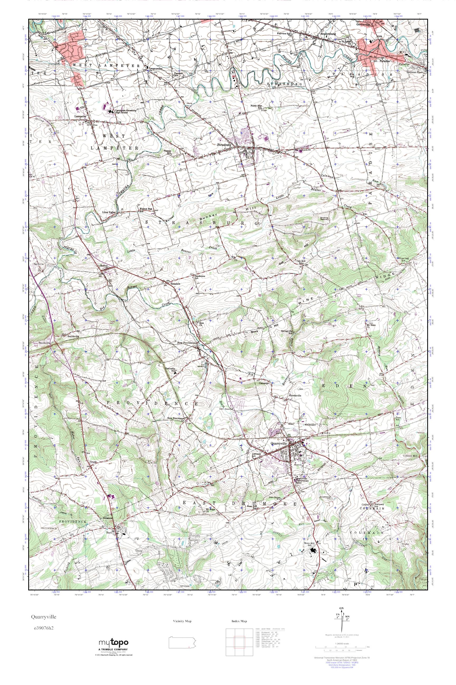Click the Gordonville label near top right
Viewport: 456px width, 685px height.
[x=365, y=25]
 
